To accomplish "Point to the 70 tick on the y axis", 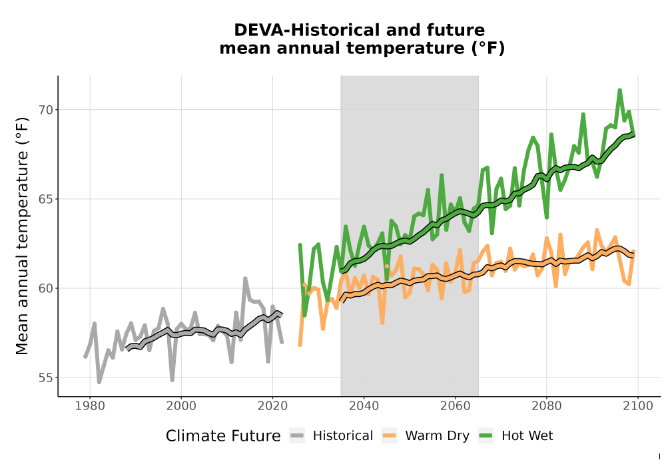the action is click(x=47, y=110).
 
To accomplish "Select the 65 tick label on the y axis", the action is click(x=47, y=199).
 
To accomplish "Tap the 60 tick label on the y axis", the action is click(x=47, y=288).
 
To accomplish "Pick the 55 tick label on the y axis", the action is click(x=47, y=377).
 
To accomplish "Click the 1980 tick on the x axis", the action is click(x=90, y=406).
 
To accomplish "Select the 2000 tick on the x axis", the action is click(x=181, y=406).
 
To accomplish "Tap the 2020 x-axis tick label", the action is click(x=272, y=406).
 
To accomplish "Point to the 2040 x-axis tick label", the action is click(x=364, y=406).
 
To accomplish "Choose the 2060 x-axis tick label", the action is click(x=456, y=406).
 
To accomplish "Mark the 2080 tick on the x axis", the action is click(x=547, y=406).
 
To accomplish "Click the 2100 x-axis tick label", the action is click(x=638, y=406).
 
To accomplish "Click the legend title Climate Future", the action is click(x=223, y=436).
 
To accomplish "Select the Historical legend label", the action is click(x=343, y=436).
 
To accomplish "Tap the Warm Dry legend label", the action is click(x=437, y=436).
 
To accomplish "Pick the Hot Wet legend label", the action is click(x=527, y=436).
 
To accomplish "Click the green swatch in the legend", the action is click(x=486, y=436).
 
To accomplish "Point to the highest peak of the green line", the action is click(x=619, y=90).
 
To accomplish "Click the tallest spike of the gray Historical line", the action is click(x=245, y=278).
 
